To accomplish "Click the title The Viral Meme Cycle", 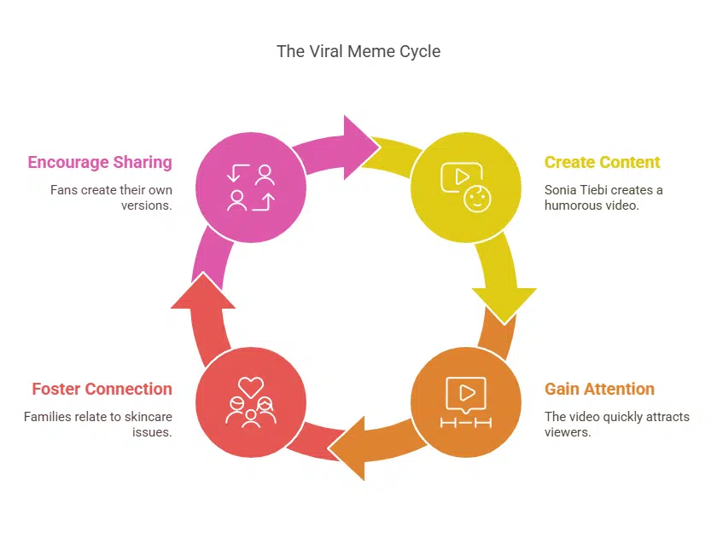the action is click(x=358, y=51).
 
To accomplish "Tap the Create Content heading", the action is click(x=602, y=162).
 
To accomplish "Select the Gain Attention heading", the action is click(x=599, y=389).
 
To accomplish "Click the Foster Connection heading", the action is click(x=102, y=389).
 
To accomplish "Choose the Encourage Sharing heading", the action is click(x=100, y=162).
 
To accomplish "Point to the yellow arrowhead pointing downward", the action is click(x=504, y=305).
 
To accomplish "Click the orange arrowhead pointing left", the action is click(x=347, y=448).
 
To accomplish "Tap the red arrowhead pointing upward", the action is click(x=203, y=291).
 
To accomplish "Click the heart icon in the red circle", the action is click(x=251, y=387).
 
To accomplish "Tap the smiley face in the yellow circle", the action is click(x=477, y=199).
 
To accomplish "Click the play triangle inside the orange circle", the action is click(x=467, y=392).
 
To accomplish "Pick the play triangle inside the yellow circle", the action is click(x=462, y=176).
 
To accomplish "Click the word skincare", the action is click(x=149, y=417).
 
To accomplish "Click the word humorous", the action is click(x=573, y=205).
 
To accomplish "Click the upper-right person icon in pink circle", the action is click(x=265, y=175).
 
